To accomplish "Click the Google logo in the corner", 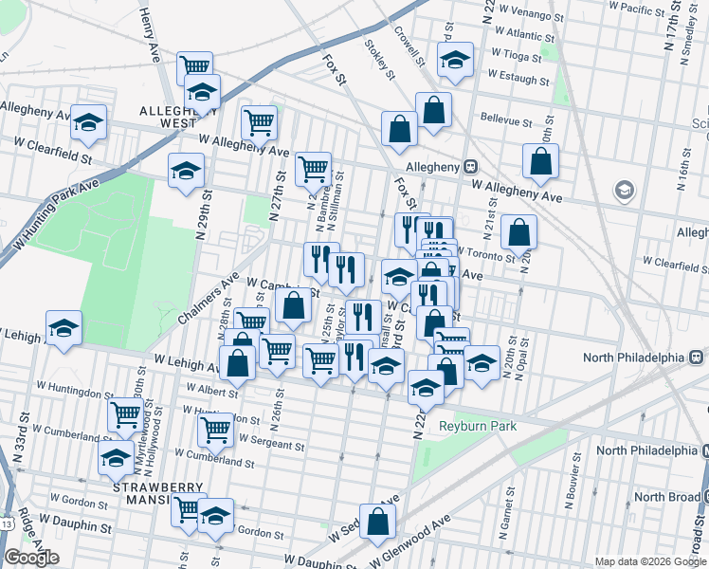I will click(x=30, y=558).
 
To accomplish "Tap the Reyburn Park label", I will click(x=478, y=426).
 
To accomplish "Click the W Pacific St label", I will click(x=641, y=9).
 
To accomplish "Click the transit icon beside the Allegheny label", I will click(x=471, y=166).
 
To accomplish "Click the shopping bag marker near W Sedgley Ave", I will click(x=377, y=520).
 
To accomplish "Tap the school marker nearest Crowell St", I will click(x=455, y=60).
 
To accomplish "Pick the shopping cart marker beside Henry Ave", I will click(x=195, y=66).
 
